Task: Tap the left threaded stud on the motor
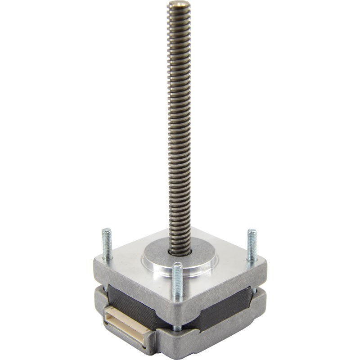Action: tap(106, 243)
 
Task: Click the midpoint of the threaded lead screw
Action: tap(179, 126)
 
